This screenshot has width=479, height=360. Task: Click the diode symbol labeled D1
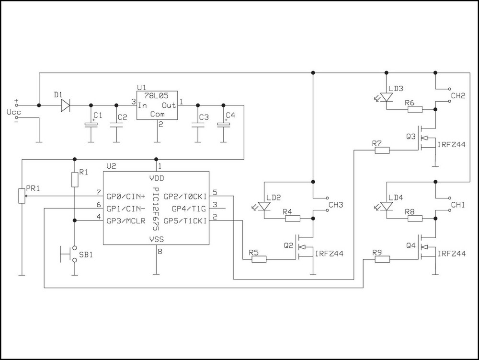65,105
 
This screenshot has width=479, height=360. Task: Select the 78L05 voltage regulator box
157,106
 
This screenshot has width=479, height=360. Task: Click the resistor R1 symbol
75,180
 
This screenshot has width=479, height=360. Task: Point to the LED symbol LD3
387,97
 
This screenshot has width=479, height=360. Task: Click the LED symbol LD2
264,206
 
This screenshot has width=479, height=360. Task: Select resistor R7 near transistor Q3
382,151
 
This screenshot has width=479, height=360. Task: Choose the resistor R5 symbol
259,259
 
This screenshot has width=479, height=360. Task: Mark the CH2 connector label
458,95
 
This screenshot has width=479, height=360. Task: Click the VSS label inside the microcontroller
157,238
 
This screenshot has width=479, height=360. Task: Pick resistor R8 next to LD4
415,219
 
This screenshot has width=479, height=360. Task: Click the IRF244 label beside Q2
330,253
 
